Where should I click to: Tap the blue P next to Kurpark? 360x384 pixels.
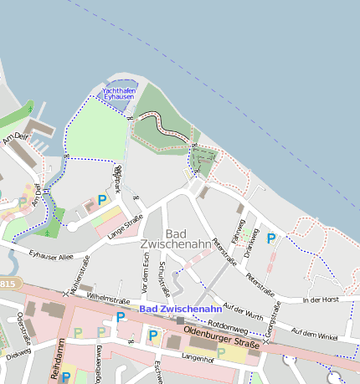pos(102,200)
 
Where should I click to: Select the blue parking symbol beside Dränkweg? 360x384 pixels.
pos(270,238)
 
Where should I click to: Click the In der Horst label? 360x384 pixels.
pos(321,300)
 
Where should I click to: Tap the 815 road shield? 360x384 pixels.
pos(7,284)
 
